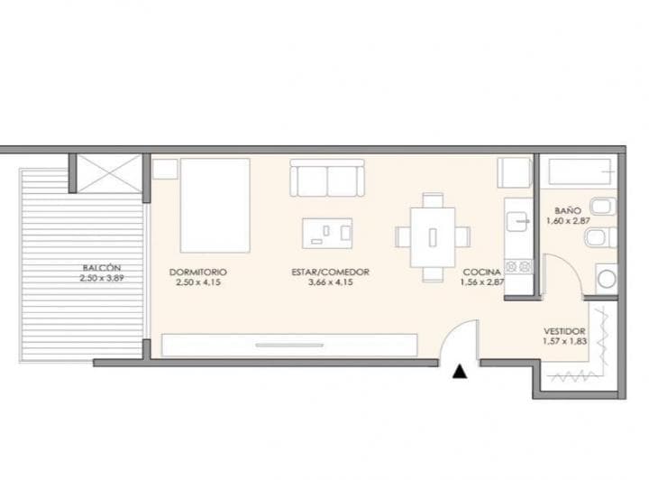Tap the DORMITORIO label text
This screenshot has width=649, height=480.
click(x=197, y=272)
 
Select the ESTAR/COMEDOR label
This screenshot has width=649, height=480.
click(x=331, y=272)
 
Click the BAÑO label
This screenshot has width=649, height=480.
click(x=567, y=210)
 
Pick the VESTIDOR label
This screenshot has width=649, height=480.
click(x=566, y=331)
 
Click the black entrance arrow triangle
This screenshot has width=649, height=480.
click(x=461, y=370)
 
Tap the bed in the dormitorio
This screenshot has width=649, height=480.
click(x=215, y=206)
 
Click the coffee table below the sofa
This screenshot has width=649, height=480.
click(x=327, y=232)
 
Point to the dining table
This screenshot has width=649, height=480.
click(x=433, y=237)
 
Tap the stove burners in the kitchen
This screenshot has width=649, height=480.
click(x=520, y=266)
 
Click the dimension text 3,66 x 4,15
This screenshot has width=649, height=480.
click(x=331, y=283)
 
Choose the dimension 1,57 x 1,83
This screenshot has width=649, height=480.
click(x=566, y=342)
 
